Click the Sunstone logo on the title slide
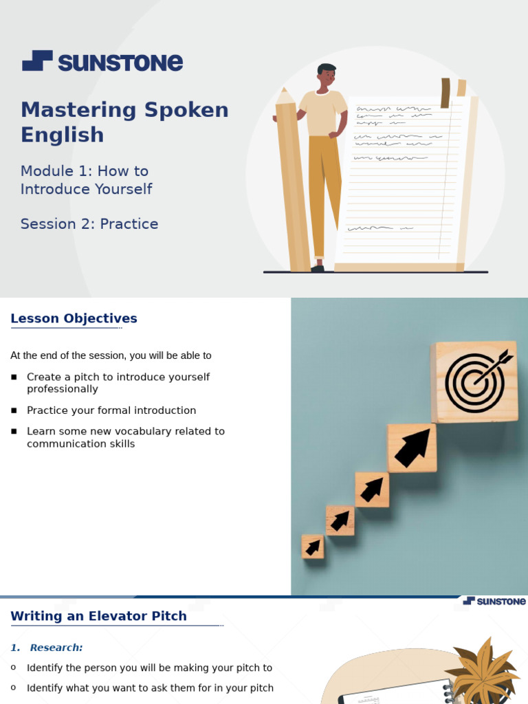click(102, 62)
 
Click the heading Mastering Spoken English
click(124, 122)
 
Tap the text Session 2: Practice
click(89, 223)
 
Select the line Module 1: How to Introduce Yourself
click(86, 179)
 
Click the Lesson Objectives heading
click(74, 318)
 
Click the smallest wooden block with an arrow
click(313, 547)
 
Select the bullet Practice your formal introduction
click(111, 410)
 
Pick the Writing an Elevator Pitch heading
click(98, 616)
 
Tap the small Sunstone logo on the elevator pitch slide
click(494, 602)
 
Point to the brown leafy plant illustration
click(482, 670)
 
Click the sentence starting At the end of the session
click(111, 355)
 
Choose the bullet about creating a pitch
click(118, 383)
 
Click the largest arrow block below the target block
click(412, 448)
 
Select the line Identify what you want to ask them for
click(150, 687)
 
